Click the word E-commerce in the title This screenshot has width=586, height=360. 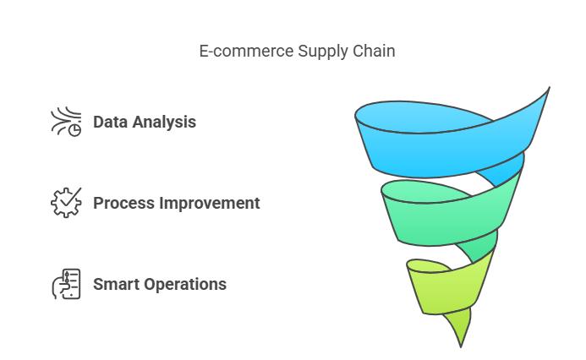click(246, 51)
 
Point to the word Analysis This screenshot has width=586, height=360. click(164, 123)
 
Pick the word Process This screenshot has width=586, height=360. click(123, 203)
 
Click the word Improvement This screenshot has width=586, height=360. click(210, 204)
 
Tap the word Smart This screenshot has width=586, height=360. click(116, 284)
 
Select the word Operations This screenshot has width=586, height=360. click(185, 285)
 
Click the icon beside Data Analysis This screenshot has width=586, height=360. click(66, 122)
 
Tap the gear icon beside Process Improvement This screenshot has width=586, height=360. click(66, 203)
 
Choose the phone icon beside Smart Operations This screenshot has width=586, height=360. click(66, 284)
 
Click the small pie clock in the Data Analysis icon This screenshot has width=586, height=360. click(74, 130)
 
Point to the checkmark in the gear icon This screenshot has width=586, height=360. click(70, 197)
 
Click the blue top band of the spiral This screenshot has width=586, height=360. click(445, 153)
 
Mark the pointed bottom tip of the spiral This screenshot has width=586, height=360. click(461, 347)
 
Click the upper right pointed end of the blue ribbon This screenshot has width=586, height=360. click(550, 87)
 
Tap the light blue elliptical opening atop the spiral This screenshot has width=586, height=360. click(422, 117)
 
